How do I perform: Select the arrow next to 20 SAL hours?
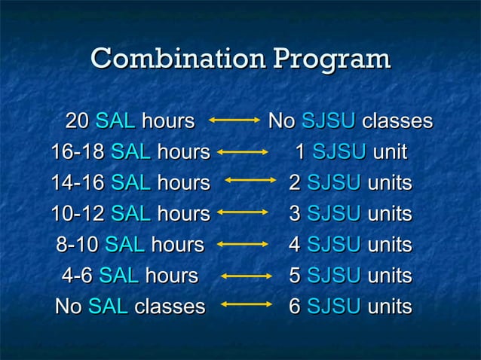(x=234, y=121)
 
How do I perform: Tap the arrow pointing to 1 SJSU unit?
(x=242, y=152)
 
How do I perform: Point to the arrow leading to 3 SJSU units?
(x=242, y=215)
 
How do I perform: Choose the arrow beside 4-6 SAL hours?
(x=247, y=276)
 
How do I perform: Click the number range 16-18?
(x=77, y=152)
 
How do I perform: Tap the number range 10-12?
(x=77, y=215)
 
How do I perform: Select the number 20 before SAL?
(x=77, y=121)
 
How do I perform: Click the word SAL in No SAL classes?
(x=108, y=307)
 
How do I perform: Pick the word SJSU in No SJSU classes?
(x=328, y=121)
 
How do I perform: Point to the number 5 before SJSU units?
(x=295, y=276)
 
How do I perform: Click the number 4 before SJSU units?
(x=295, y=245)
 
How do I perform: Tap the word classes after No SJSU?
(x=397, y=121)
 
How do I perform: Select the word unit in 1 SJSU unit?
(x=390, y=152)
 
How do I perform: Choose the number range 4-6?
(x=77, y=276)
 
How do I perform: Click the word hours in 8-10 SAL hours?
(x=177, y=245)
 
